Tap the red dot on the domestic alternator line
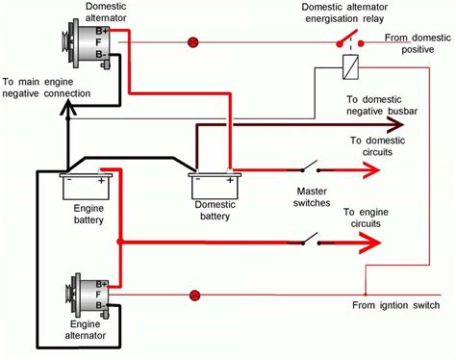coord(192,42)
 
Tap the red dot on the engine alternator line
coord(195,296)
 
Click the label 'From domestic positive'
coord(418,45)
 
